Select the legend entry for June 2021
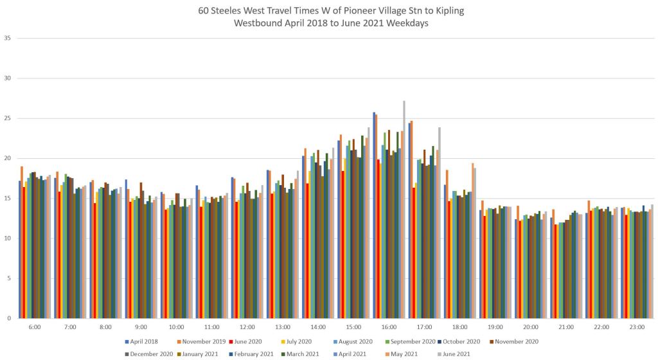point(454,354)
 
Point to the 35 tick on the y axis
point(8,38)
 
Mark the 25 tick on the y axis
point(8,118)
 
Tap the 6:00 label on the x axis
point(35,327)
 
